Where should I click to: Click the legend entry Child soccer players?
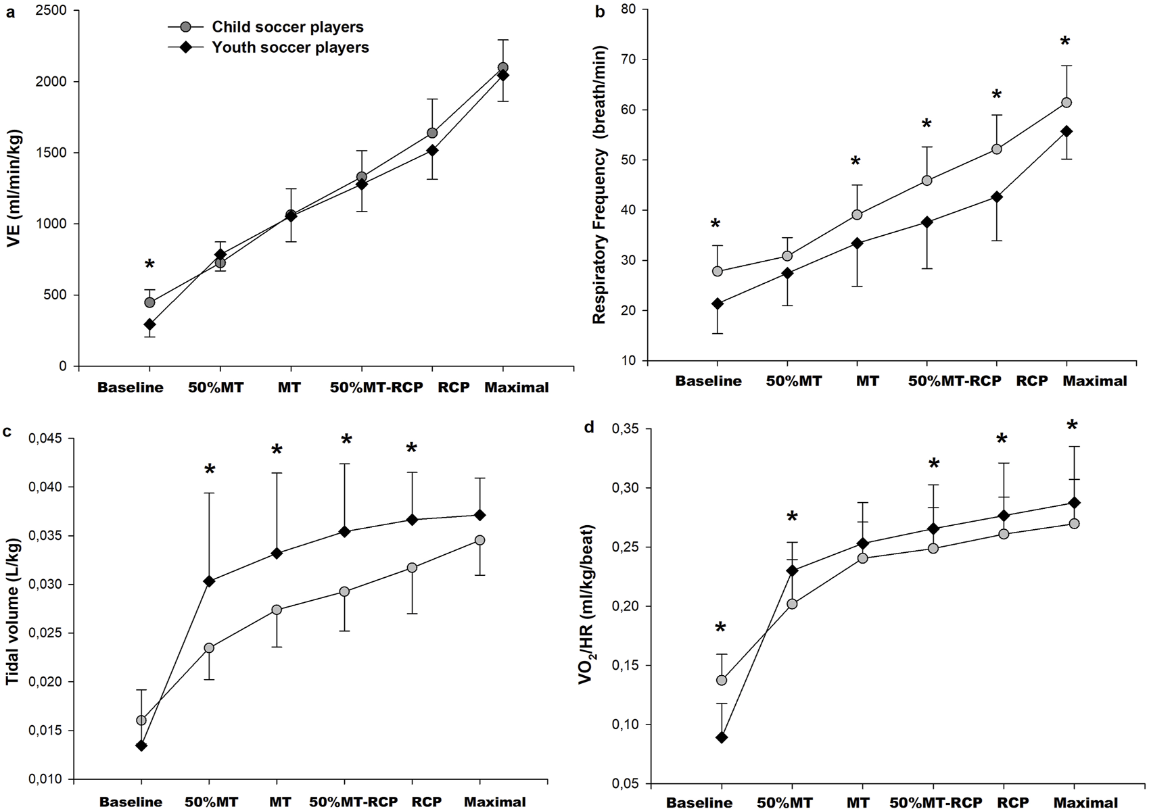(x=287, y=27)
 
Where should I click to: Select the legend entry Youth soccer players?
(x=290, y=47)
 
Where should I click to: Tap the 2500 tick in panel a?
(x=53, y=11)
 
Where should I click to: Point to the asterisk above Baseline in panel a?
(x=150, y=264)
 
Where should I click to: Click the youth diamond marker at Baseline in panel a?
(x=149, y=324)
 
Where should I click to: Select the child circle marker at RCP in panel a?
(x=432, y=132)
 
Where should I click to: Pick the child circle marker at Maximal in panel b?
(x=1066, y=103)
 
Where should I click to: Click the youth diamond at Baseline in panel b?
(x=718, y=304)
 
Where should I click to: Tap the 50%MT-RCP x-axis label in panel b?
(x=954, y=381)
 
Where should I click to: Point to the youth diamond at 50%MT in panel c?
(x=209, y=581)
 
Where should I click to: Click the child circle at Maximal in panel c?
(x=479, y=540)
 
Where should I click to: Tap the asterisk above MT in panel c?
(x=277, y=450)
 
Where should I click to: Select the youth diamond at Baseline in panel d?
(x=722, y=737)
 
